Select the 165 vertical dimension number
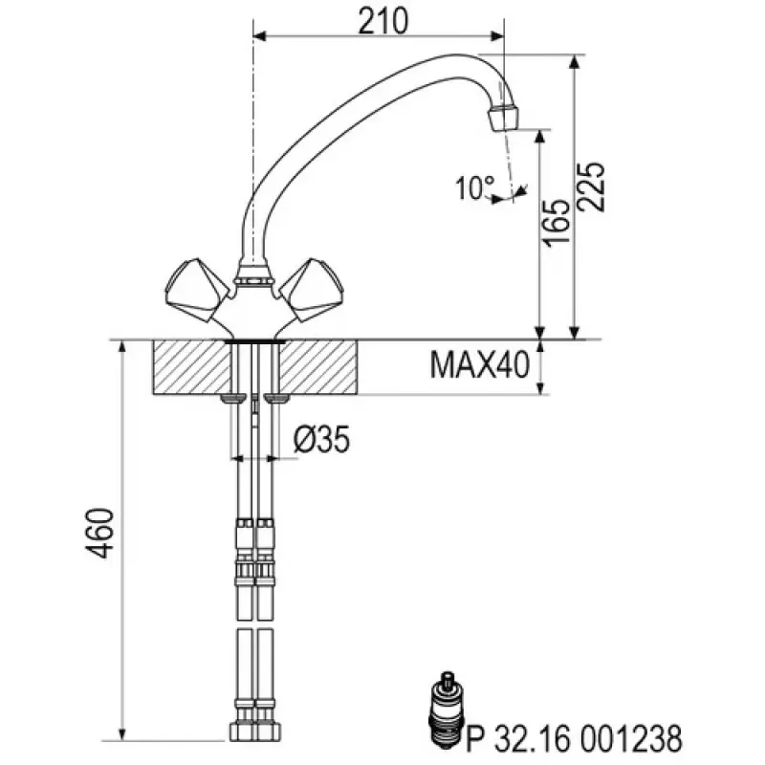560,224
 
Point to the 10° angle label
475,188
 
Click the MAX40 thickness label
479,365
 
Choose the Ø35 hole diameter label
320,440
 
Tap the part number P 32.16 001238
573,737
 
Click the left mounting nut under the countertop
230,398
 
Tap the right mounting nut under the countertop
276,398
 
